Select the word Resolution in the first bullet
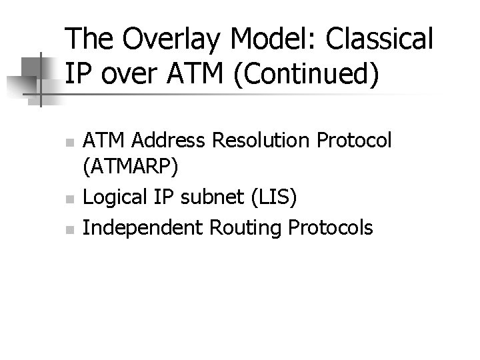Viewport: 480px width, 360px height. tap(257, 141)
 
